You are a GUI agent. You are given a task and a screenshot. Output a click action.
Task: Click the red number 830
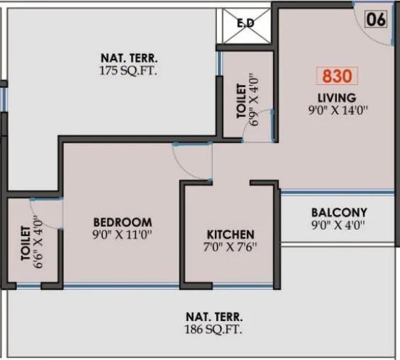(x=337, y=76)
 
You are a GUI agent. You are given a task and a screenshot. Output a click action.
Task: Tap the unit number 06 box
(x=376, y=18)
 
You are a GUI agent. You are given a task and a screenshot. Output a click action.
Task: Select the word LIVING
(x=336, y=97)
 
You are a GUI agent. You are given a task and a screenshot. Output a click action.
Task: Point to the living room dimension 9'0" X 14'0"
(x=336, y=110)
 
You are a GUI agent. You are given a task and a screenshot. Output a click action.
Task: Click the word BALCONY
(x=339, y=212)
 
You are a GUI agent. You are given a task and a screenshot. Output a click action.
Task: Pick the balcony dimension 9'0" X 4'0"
(x=339, y=227)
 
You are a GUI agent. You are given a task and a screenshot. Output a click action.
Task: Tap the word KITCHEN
(x=230, y=235)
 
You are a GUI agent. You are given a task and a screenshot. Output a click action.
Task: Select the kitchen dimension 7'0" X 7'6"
(x=230, y=248)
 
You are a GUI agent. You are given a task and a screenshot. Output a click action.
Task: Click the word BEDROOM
(x=123, y=221)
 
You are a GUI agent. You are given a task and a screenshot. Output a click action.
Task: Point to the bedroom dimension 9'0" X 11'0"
(x=123, y=235)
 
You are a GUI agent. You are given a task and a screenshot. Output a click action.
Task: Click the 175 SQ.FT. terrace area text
(x=128, y=71)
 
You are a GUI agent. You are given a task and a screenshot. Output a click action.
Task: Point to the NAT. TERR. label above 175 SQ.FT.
(x=128, y=57)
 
